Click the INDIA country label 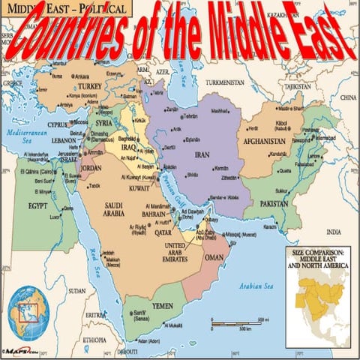(332, 232)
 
